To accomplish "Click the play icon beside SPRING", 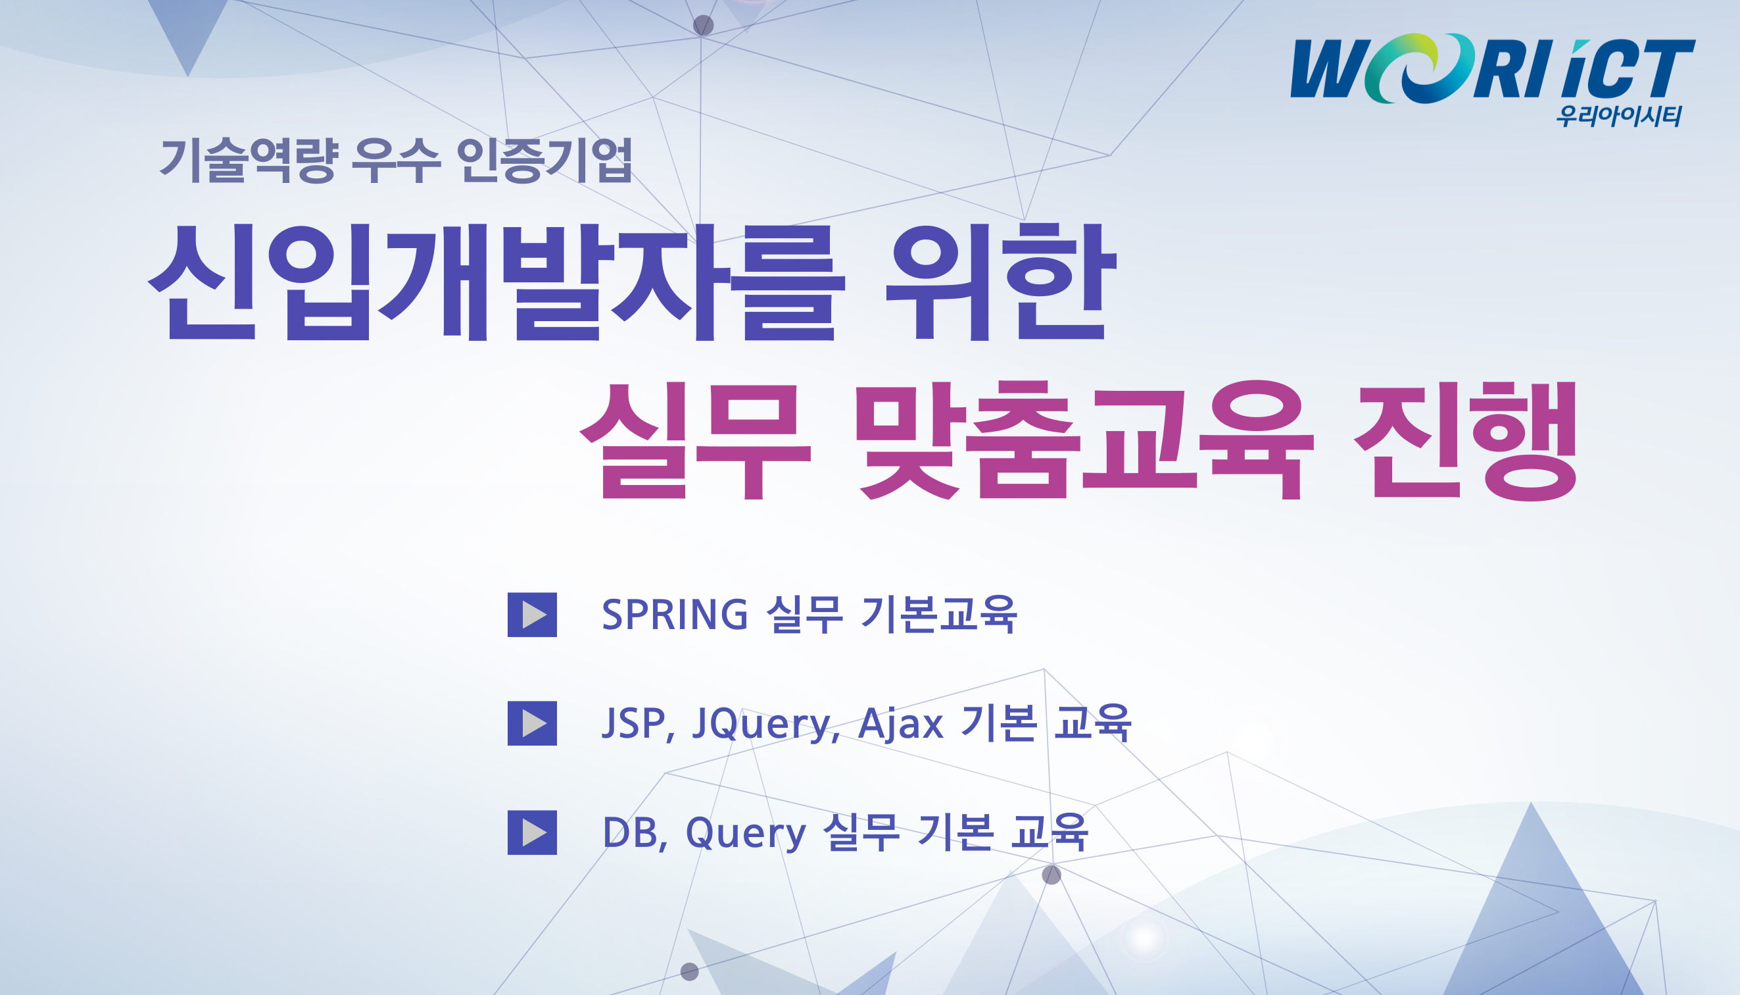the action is [x=532, y=615].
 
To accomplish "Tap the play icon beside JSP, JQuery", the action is [x=532, y=723].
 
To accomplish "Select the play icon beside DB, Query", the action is [x=532, y=832].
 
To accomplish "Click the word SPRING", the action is [x=675, y=615].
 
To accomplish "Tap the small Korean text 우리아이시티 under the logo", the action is [x=1618, y=116].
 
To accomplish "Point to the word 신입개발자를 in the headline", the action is [x=496, y=282].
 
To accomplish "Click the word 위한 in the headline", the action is [x=1001, y=282].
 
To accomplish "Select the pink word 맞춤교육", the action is [x=1086, y=440].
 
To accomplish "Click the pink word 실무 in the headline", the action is [x=695, y=440].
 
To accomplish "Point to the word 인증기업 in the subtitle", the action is [x=544, y=161].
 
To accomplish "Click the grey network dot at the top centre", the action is [x=704, y=25].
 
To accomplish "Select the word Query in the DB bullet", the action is [x=746, y=834].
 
